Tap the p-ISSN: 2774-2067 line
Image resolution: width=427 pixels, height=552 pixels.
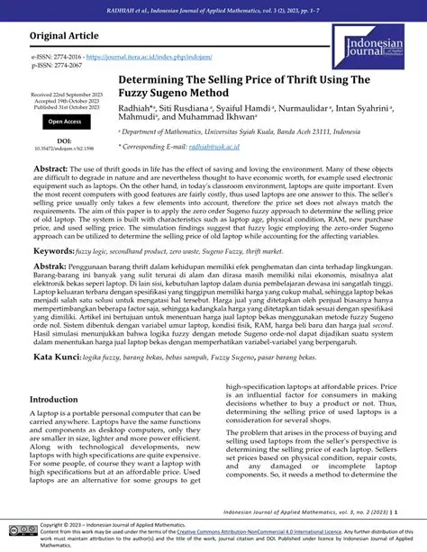tap(57, 67)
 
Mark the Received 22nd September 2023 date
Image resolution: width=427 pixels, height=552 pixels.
tap(67, 95)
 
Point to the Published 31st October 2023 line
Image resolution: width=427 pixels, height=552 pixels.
tap(67, 107)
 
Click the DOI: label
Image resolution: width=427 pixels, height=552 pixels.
tap(66, 140)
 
